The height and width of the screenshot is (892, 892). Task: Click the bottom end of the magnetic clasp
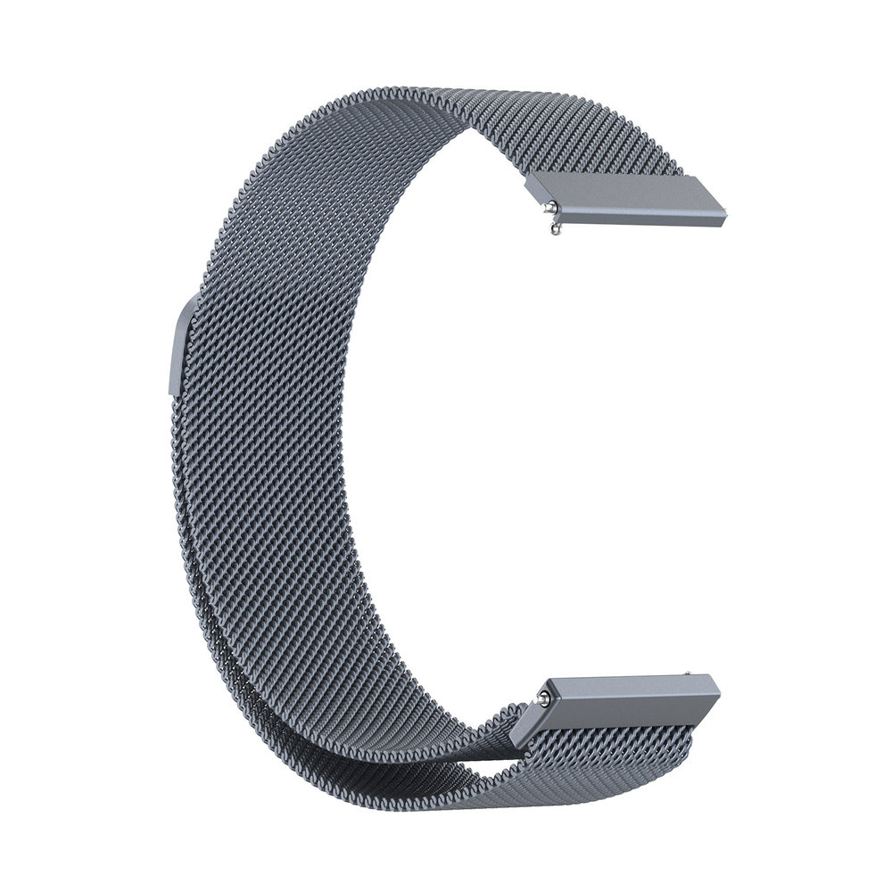(x=170, y=389)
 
